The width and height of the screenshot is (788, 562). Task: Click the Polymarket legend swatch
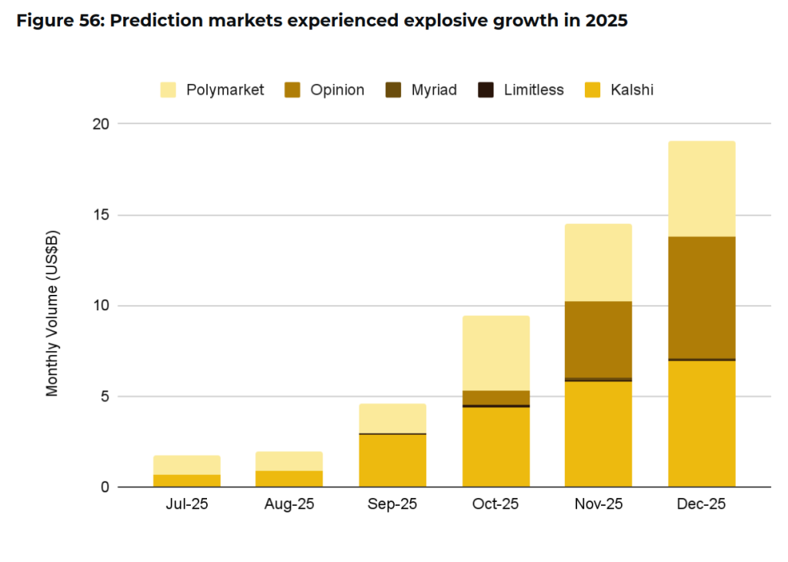[x=169, y=90]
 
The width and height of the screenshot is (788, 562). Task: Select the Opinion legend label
[x=337, y=90]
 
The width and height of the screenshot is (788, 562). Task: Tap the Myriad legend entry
[x=433, y=90]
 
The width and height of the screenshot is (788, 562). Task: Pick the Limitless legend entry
[x=533, y=90]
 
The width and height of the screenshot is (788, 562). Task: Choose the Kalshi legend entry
[x=632, y=90]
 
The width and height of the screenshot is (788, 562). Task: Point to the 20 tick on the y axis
[x=102, y=124]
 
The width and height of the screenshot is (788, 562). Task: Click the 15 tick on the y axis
[x=102, y=215]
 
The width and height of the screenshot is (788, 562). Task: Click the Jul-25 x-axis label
[x=187, y=505]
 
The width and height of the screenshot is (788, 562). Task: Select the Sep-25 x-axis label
[x=392, y=505]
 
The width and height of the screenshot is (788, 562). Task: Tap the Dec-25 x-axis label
[x=701, y=505]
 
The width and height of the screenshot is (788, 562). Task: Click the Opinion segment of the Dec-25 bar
[x=701, y=297]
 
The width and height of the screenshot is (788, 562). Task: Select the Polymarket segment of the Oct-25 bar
[x=496, y=353]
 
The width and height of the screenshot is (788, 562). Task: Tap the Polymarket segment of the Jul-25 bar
[x=187, y=465]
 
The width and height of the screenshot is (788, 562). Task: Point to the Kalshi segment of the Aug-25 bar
[x=289, y=479]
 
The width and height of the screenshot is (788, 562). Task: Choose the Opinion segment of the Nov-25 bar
[x=598, y=339]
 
